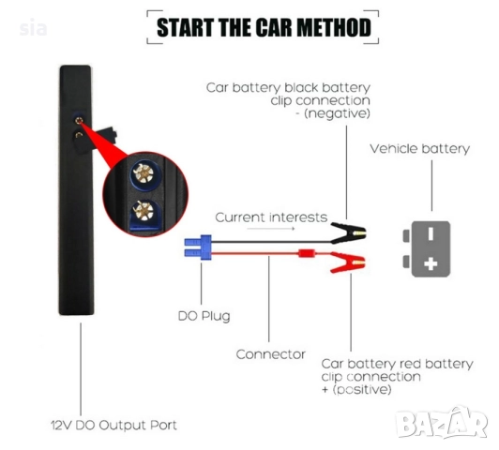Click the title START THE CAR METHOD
tap(263, 27)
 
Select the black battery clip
tap(346, 231)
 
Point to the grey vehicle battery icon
tap(430, 248)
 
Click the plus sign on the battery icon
tap(431, 264)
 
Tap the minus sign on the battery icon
tap(431, 232)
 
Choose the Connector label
tap(270, 353)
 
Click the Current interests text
tap(271, 217)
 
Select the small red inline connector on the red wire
tap(305, 253)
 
